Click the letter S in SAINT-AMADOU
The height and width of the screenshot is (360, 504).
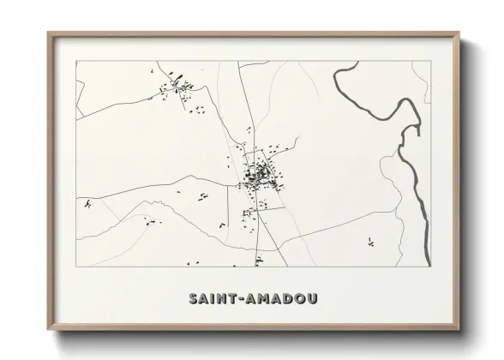tap(194, 299)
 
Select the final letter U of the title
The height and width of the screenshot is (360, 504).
tap(313, 299)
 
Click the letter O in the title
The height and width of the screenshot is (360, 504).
tap(301, 299)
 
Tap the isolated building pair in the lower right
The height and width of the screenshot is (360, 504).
tap(371, 241)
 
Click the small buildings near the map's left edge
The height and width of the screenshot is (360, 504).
tap(87, 204)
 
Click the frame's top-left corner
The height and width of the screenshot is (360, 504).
tap(48, 33)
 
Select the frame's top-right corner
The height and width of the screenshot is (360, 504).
tap(459, 33)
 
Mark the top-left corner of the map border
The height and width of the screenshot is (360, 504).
tap(76, 63)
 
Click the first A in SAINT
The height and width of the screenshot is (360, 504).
tap(205, 299)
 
